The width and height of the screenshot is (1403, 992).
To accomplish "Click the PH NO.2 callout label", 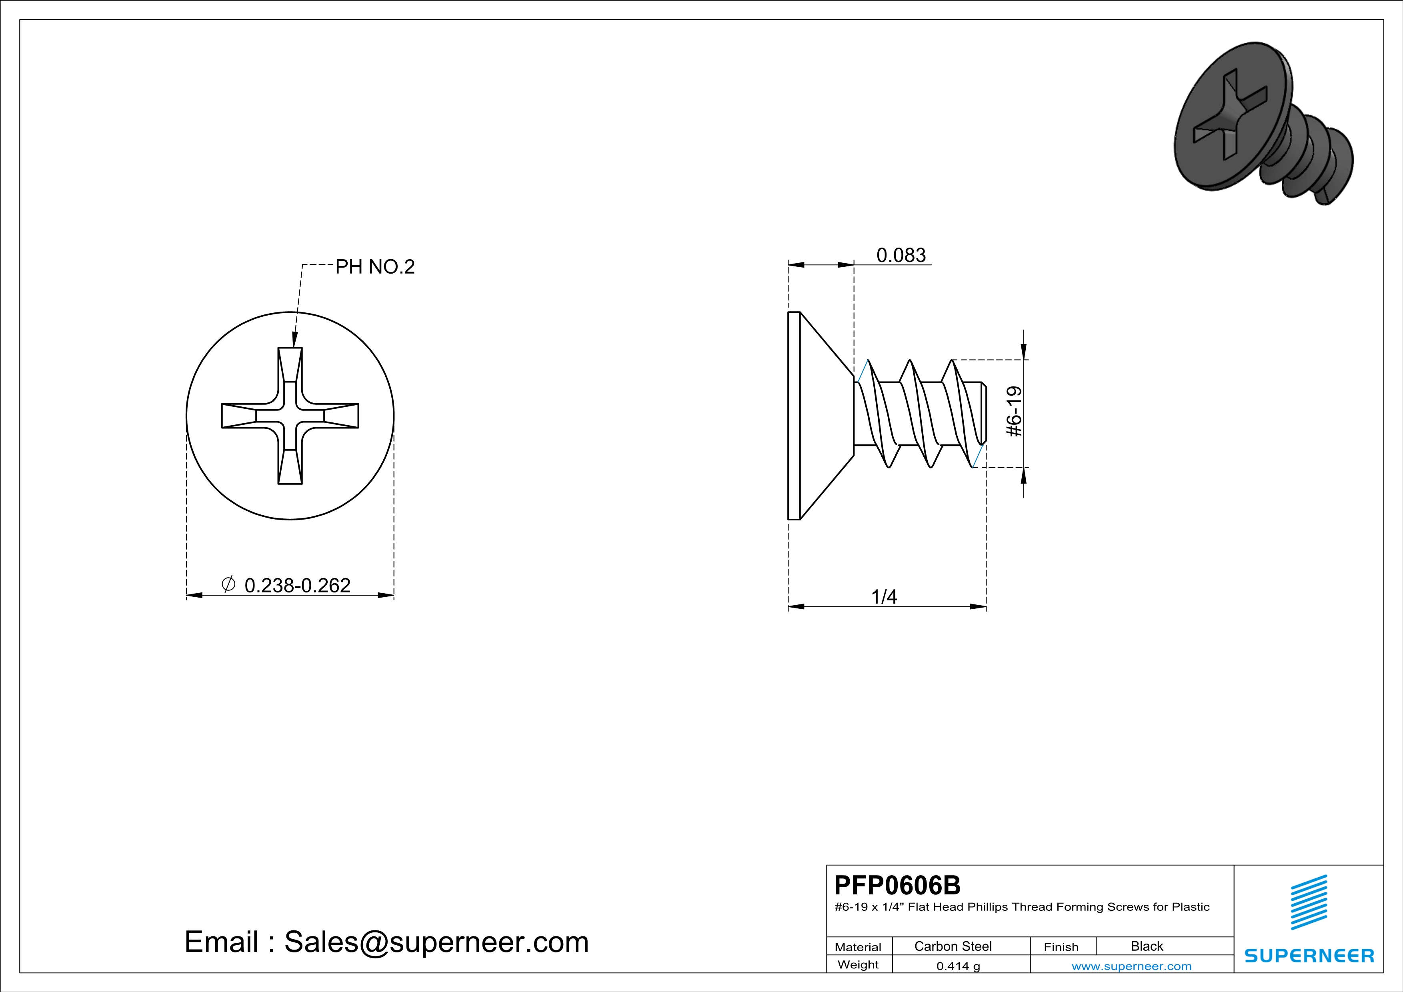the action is [375, 266].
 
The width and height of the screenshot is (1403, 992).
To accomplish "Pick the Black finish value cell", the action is [1147, 946].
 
